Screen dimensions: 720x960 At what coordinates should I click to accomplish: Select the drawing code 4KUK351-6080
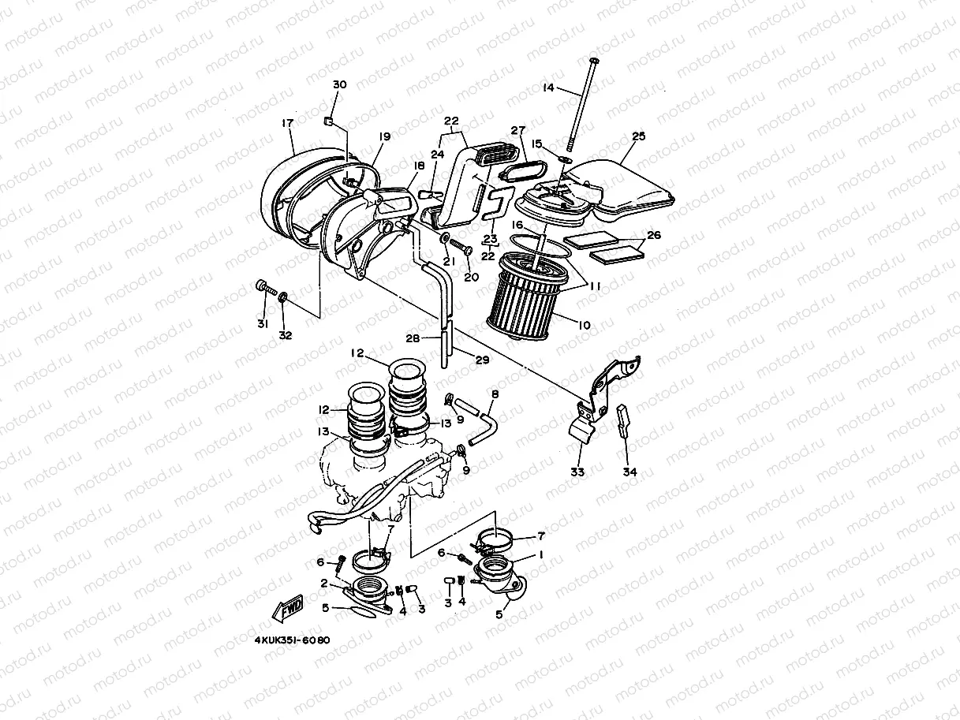point(292,640)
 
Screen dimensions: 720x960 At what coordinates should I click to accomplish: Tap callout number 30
point(339,84)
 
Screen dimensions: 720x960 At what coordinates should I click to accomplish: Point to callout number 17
point(288,122)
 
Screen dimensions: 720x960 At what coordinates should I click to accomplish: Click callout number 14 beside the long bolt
point(549,88)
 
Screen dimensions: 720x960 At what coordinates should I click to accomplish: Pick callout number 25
point(638,136)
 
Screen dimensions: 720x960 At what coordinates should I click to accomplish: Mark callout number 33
point(577,472)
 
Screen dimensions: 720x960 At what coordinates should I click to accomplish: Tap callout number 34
point(629,472)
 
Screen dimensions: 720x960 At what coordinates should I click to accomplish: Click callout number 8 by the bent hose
point(495,394)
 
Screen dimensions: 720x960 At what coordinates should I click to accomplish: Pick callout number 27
point(517,130)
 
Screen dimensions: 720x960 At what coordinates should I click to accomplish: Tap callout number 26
point(654,235)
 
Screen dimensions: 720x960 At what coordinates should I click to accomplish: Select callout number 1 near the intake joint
point(541,554)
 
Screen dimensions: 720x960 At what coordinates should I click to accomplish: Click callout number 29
point(482,360)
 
